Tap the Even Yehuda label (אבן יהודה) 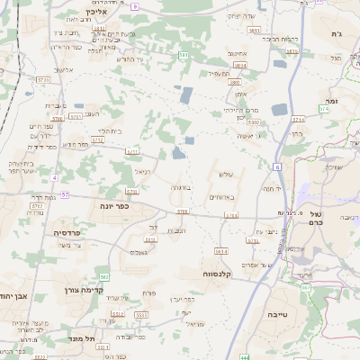15,294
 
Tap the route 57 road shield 65,194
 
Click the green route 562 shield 105,276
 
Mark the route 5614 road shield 222,251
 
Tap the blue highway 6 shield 278,167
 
